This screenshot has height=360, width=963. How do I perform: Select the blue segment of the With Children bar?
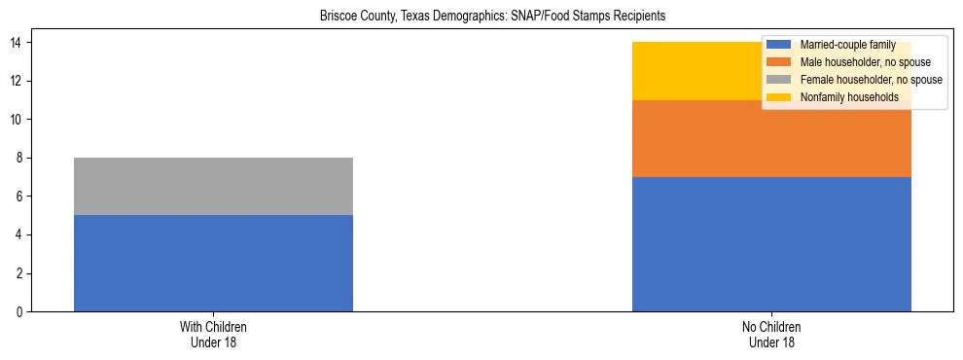pyautogui.click(x=213, y=263)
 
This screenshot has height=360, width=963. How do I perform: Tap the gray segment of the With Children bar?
pyautogui.click(x=213, y=186)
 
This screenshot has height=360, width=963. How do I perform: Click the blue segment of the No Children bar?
pyautogui.click(x=771, y=243)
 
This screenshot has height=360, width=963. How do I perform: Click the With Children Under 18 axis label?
pyautogui.click(x=213, y=335)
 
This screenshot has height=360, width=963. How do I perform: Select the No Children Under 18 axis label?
pyautogui.click(x=771, y=335)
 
